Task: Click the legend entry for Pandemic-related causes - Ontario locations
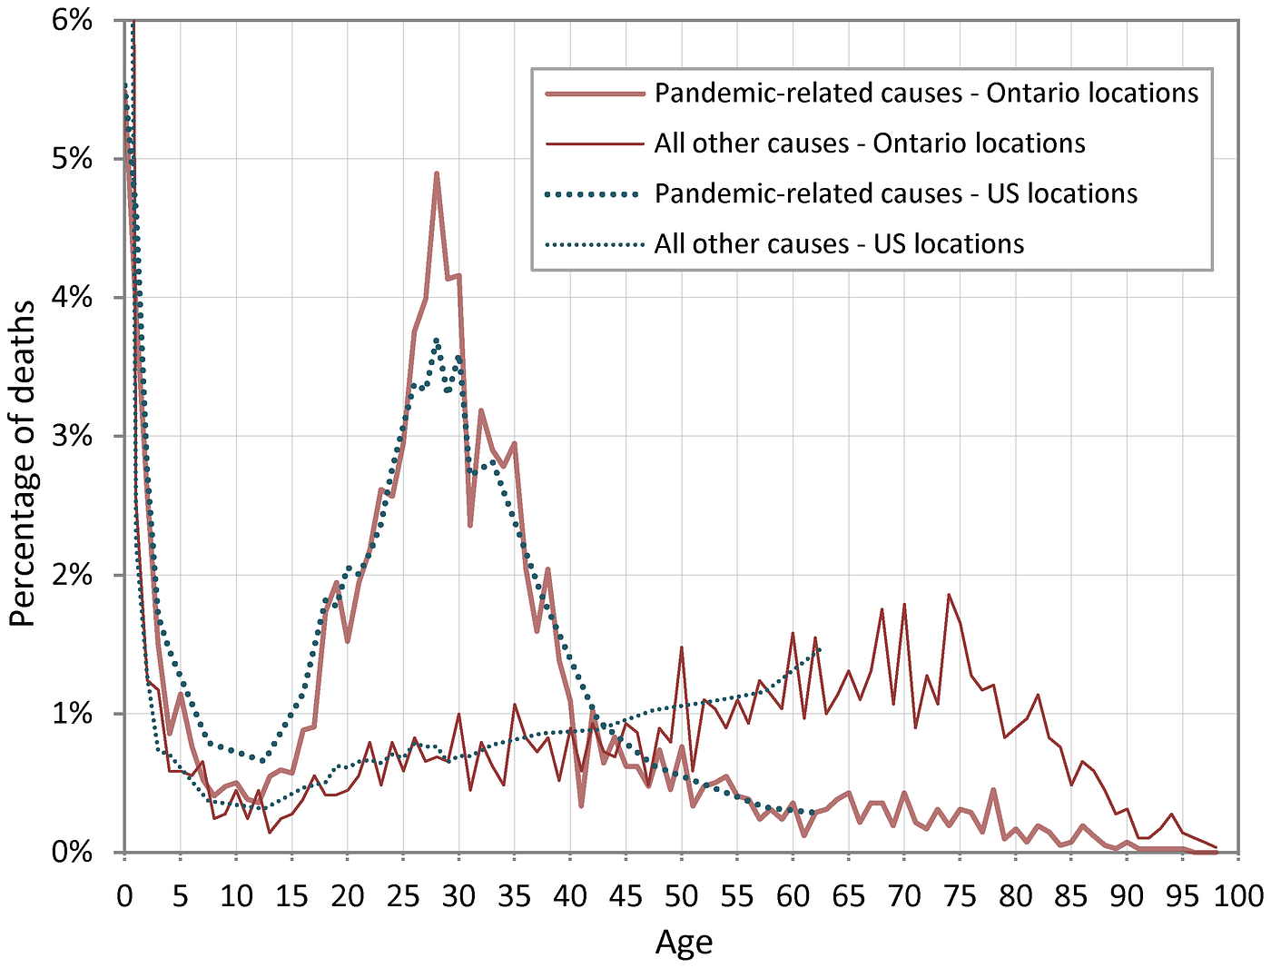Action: pos(926,94)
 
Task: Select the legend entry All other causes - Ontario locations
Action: pos(870,143)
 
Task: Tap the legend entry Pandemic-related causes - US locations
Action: pos(895,194)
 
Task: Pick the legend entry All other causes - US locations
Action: pos(839,244)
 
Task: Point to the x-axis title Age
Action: pos(684,943)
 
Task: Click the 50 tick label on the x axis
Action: pos(682,896)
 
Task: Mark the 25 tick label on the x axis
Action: pos(403,896)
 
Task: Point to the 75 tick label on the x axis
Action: pos(961,896)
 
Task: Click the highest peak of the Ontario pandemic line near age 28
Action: pos(437,173)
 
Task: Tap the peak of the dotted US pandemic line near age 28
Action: pos(437,341)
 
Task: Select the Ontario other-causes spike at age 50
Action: pos(682,647)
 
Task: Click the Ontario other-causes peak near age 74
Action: pos(949,595)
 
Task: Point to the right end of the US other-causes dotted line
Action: pos(821,648)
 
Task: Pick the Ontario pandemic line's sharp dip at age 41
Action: pos(581,805)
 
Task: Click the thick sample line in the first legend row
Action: pos(594,94)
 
